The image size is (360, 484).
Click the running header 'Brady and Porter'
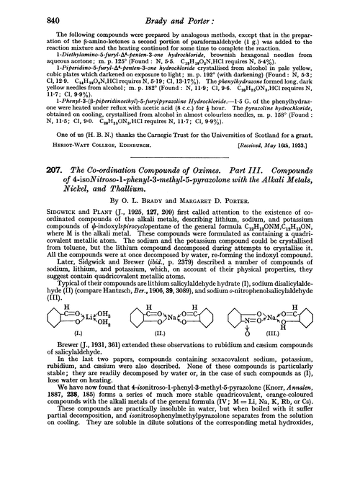(x=179, y=10)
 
